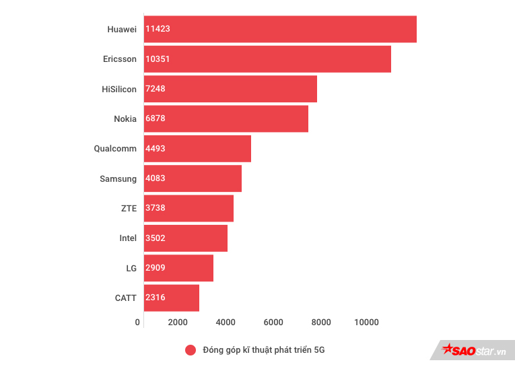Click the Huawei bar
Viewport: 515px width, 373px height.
point(280,29)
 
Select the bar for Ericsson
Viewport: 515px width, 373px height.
point(267,59)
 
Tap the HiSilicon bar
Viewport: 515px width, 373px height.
point(230,89)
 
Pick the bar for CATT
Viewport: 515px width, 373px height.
point(172,298)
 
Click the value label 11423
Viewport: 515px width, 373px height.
point(158,29)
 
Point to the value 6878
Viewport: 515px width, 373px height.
point(156,118)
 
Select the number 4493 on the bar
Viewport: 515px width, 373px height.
point(156,149)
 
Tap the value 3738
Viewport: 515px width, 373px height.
point(156,208)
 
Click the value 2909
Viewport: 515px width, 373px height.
point(156,268)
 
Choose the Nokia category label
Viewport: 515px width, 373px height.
point(125,118)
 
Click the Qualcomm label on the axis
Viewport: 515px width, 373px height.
point(115,149)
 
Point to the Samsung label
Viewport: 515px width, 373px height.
point(118,178)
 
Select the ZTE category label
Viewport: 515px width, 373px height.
point(129,208)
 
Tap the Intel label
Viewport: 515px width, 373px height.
point(128,238)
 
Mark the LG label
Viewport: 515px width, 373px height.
point(131,268)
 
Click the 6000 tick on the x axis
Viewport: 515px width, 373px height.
point(273,323)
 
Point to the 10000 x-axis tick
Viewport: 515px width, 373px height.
point(367,323)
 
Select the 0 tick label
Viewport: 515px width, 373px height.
point(138,323)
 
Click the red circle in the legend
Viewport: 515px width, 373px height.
point(191,350)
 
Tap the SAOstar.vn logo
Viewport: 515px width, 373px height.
point(473,351)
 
